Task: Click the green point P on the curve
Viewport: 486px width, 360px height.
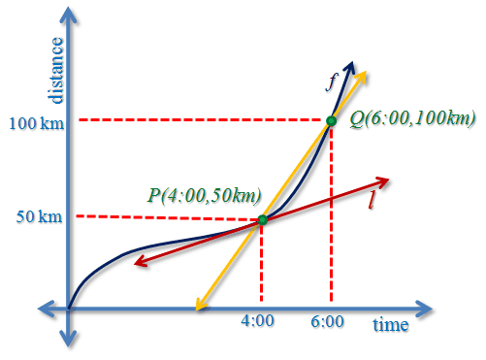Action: coord(263,220)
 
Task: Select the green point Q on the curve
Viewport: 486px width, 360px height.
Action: coord(331,121)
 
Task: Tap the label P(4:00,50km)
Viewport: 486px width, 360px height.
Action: coord(205,195)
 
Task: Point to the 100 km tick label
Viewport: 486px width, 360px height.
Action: coord(37,123)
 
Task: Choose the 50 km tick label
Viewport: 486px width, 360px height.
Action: coord(39,216)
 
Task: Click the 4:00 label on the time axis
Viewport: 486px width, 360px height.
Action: coord(257,321)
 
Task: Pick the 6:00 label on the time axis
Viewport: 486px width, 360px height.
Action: coord(327,322)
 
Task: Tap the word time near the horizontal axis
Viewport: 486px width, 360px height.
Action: coord(391,324)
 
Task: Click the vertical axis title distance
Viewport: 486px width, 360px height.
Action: coord(55,71)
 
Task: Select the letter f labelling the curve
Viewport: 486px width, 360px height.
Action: coord(332,82)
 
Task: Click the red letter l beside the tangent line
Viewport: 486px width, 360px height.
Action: coord(373,200)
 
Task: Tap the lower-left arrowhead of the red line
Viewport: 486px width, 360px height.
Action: coord(140,262)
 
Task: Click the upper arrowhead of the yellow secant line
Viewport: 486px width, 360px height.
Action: coord(362,76)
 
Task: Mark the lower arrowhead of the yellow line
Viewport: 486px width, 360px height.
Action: coord(200,305)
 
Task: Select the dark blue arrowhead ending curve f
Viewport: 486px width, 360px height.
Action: coord(350,66)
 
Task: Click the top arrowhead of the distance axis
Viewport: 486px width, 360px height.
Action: coord(69,16)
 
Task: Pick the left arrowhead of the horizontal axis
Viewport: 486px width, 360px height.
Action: coord(46,309)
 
